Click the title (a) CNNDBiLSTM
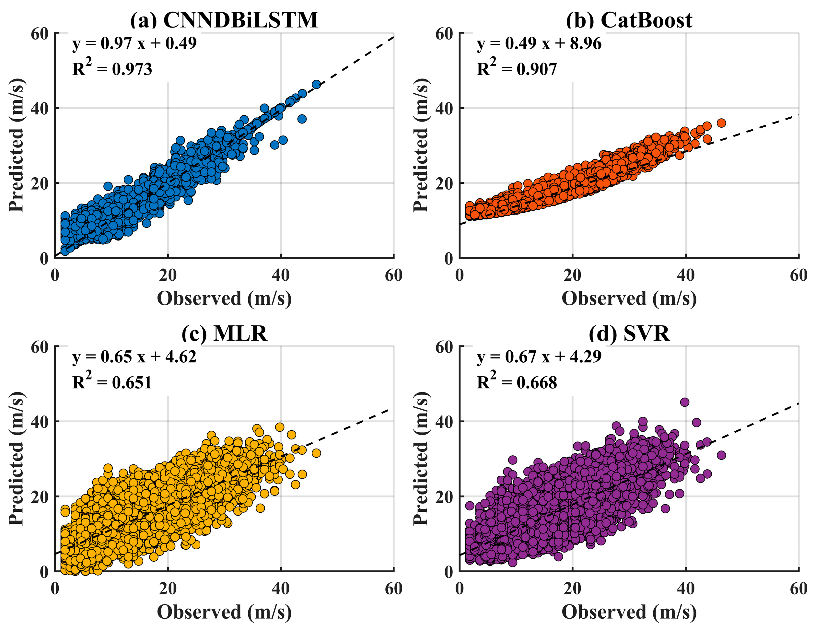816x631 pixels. (x=224, y=20)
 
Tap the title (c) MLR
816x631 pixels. (x=224, y=333)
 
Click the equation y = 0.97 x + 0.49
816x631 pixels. (x=134, y=43)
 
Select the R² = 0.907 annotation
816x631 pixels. (x=517, y=68)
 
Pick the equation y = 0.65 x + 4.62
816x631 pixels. (x=134, y=357)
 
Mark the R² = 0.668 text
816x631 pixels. (x=517, y=382)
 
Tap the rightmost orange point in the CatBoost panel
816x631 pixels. (x=721, y=123)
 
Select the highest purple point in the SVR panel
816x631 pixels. (x=684, y=402)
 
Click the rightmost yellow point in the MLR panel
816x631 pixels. (x=316, y=453)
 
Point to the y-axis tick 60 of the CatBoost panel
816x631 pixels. (x=444, y=34)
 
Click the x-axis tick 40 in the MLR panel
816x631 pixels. (x=281, y=589)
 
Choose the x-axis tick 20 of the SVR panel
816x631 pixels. (x=572, y=589)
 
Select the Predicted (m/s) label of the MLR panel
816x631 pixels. (x=17, y=459)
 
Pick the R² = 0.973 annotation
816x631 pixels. (x=112, y=68)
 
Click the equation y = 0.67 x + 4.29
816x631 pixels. (x=539, y=357)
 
